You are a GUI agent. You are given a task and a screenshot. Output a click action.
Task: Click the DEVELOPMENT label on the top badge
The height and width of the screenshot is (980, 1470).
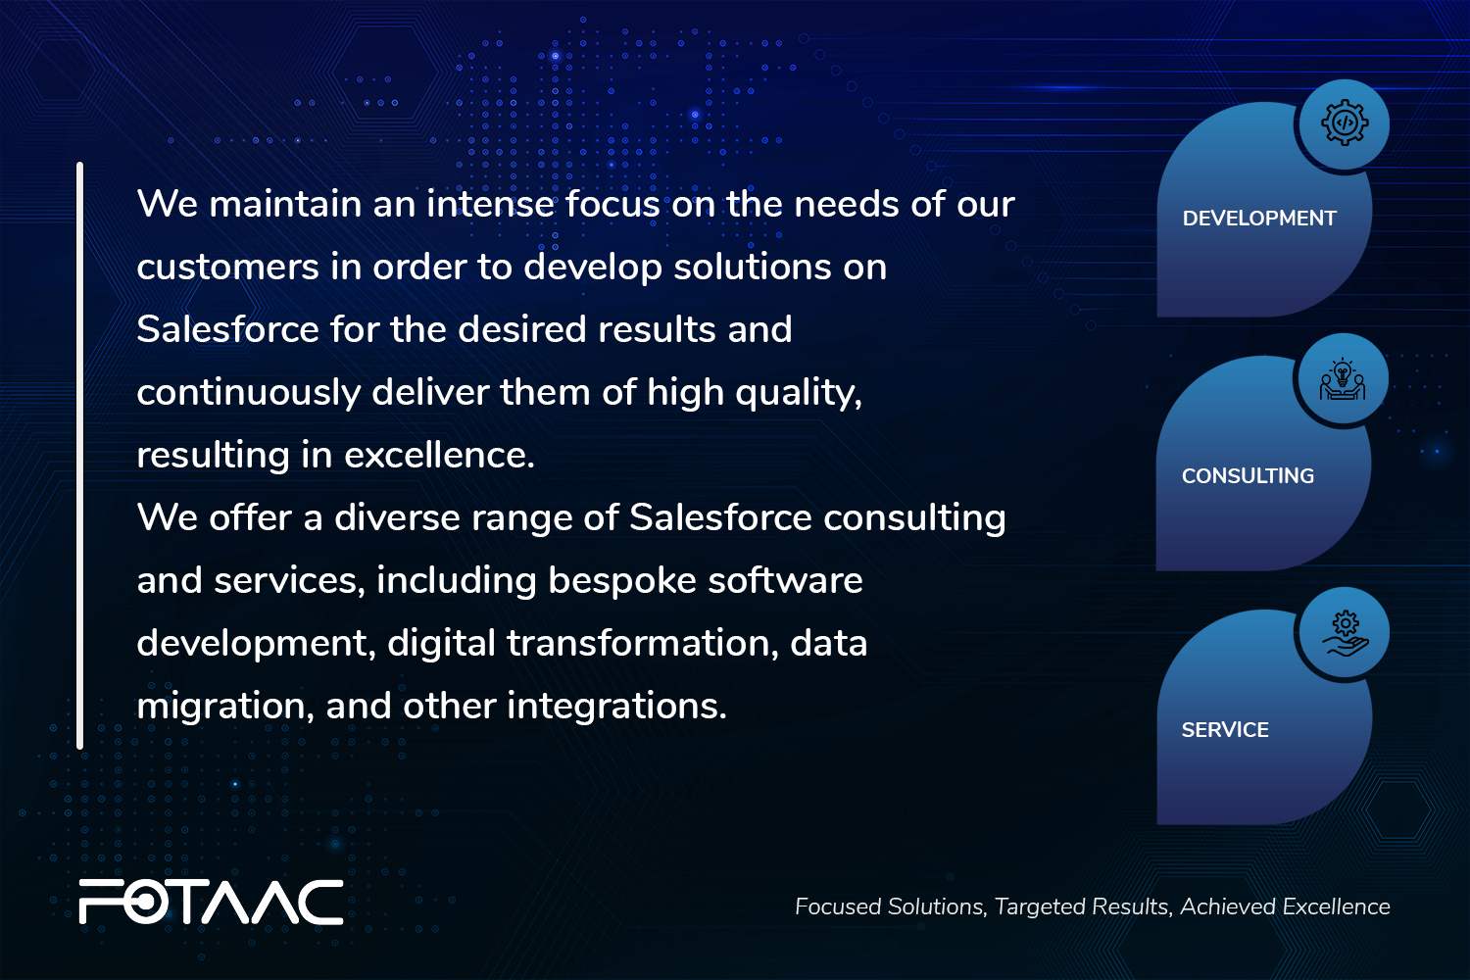(1258, 218)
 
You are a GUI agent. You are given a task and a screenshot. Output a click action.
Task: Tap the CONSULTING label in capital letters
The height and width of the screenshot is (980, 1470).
(1248, 476)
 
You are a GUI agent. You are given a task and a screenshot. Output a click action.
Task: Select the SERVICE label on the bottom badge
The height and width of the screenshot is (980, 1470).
(1225, 729)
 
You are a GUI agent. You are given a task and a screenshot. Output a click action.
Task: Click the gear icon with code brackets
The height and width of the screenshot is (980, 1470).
(1345, 122)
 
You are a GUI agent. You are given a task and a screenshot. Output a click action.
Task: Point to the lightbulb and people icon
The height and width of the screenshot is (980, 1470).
(1343, 379)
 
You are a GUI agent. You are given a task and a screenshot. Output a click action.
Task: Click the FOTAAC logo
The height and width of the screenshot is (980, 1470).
(212, 902)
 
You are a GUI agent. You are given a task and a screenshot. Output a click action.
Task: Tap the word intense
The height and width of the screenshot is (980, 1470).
(490, 204)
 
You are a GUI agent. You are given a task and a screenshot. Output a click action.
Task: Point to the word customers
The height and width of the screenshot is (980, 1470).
(227, 268)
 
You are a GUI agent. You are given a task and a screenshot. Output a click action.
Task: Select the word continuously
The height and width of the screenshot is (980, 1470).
(249, 393)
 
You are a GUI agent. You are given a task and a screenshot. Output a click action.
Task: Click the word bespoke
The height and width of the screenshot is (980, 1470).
(622, 581)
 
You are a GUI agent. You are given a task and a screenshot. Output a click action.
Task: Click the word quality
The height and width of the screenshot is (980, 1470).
(798, 393)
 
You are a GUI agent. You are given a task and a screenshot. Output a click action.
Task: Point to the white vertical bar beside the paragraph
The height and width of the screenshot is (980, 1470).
(80, 456)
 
